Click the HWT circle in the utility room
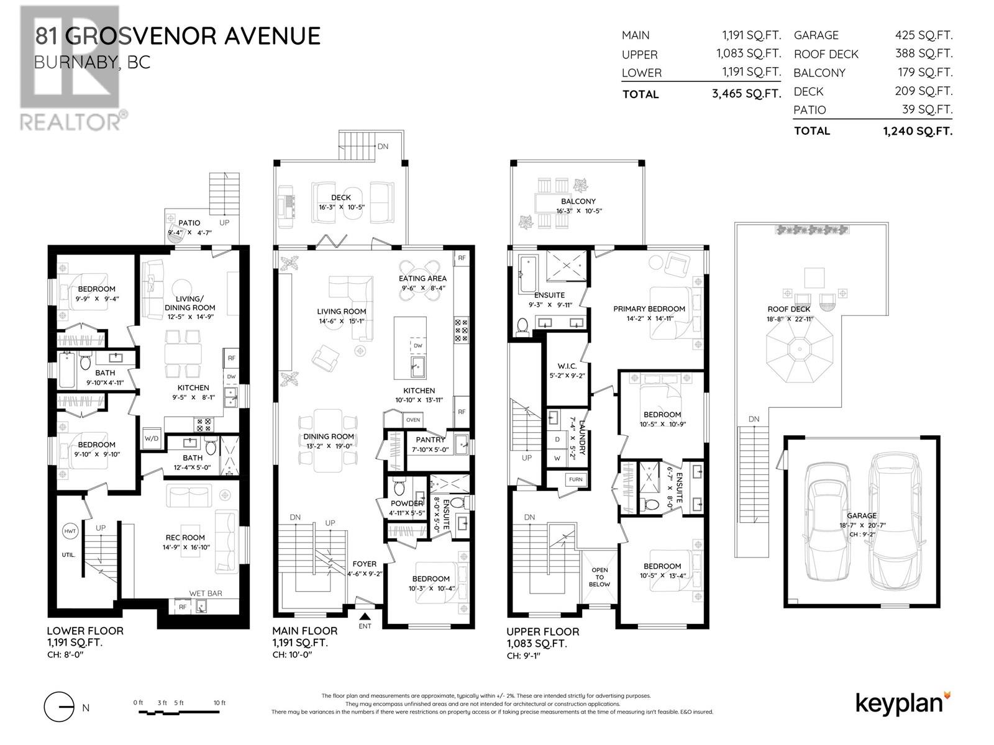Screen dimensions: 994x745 tap(70, 531)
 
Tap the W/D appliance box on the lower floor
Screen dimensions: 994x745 tap(151, 438)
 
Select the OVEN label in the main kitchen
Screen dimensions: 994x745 tap(413, 420)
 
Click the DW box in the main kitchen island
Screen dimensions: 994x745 tap(417, 346)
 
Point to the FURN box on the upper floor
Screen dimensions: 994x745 tap(575, 479)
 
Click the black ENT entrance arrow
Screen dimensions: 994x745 tap(365, 616)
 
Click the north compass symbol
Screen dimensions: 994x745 tap(59, 707)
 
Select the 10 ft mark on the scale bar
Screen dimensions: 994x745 tap(220, 703)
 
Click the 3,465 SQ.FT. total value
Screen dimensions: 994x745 tap(746, 94)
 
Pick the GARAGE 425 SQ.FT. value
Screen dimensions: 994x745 tap(924, 35)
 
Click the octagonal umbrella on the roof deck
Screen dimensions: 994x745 tap(800, 349)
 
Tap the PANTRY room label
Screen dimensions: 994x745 tap(430, 439)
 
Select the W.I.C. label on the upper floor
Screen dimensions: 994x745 tap(567, 366)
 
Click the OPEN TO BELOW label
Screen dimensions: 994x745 tap(600, 577)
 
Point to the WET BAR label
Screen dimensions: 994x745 tap(206, 594)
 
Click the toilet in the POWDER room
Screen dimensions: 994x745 tap(399, 486)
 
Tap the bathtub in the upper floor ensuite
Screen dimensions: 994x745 tap(527, 274)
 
